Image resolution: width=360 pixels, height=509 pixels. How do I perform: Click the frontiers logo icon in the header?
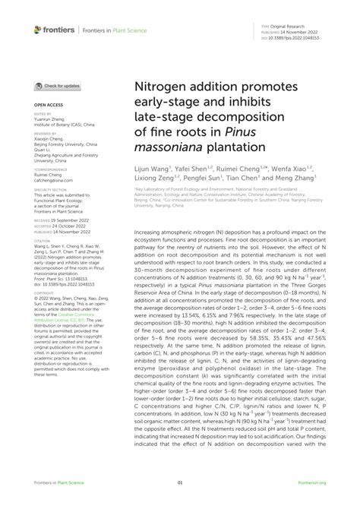[x=38, y=30]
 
